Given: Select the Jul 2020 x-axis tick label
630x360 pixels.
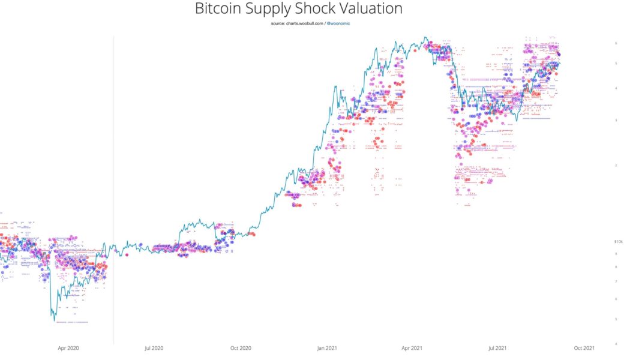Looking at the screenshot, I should point(154,347).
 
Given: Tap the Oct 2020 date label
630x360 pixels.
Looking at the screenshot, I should point(240,347).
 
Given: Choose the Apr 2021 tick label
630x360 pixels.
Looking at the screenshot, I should point(412,347).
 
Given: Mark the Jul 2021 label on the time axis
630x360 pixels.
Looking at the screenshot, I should point(498,347).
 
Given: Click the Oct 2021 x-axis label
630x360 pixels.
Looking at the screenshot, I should point(584,347).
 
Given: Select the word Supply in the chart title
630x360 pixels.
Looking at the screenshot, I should point(278,10).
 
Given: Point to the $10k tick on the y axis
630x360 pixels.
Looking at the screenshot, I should point(618,242).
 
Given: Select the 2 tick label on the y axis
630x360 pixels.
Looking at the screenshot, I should point(616,165).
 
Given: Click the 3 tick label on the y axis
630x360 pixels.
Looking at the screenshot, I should point(616,120).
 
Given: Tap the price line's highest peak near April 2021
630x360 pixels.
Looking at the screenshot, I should point(425,37).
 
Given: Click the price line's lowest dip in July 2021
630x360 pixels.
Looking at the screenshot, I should point(517,121).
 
